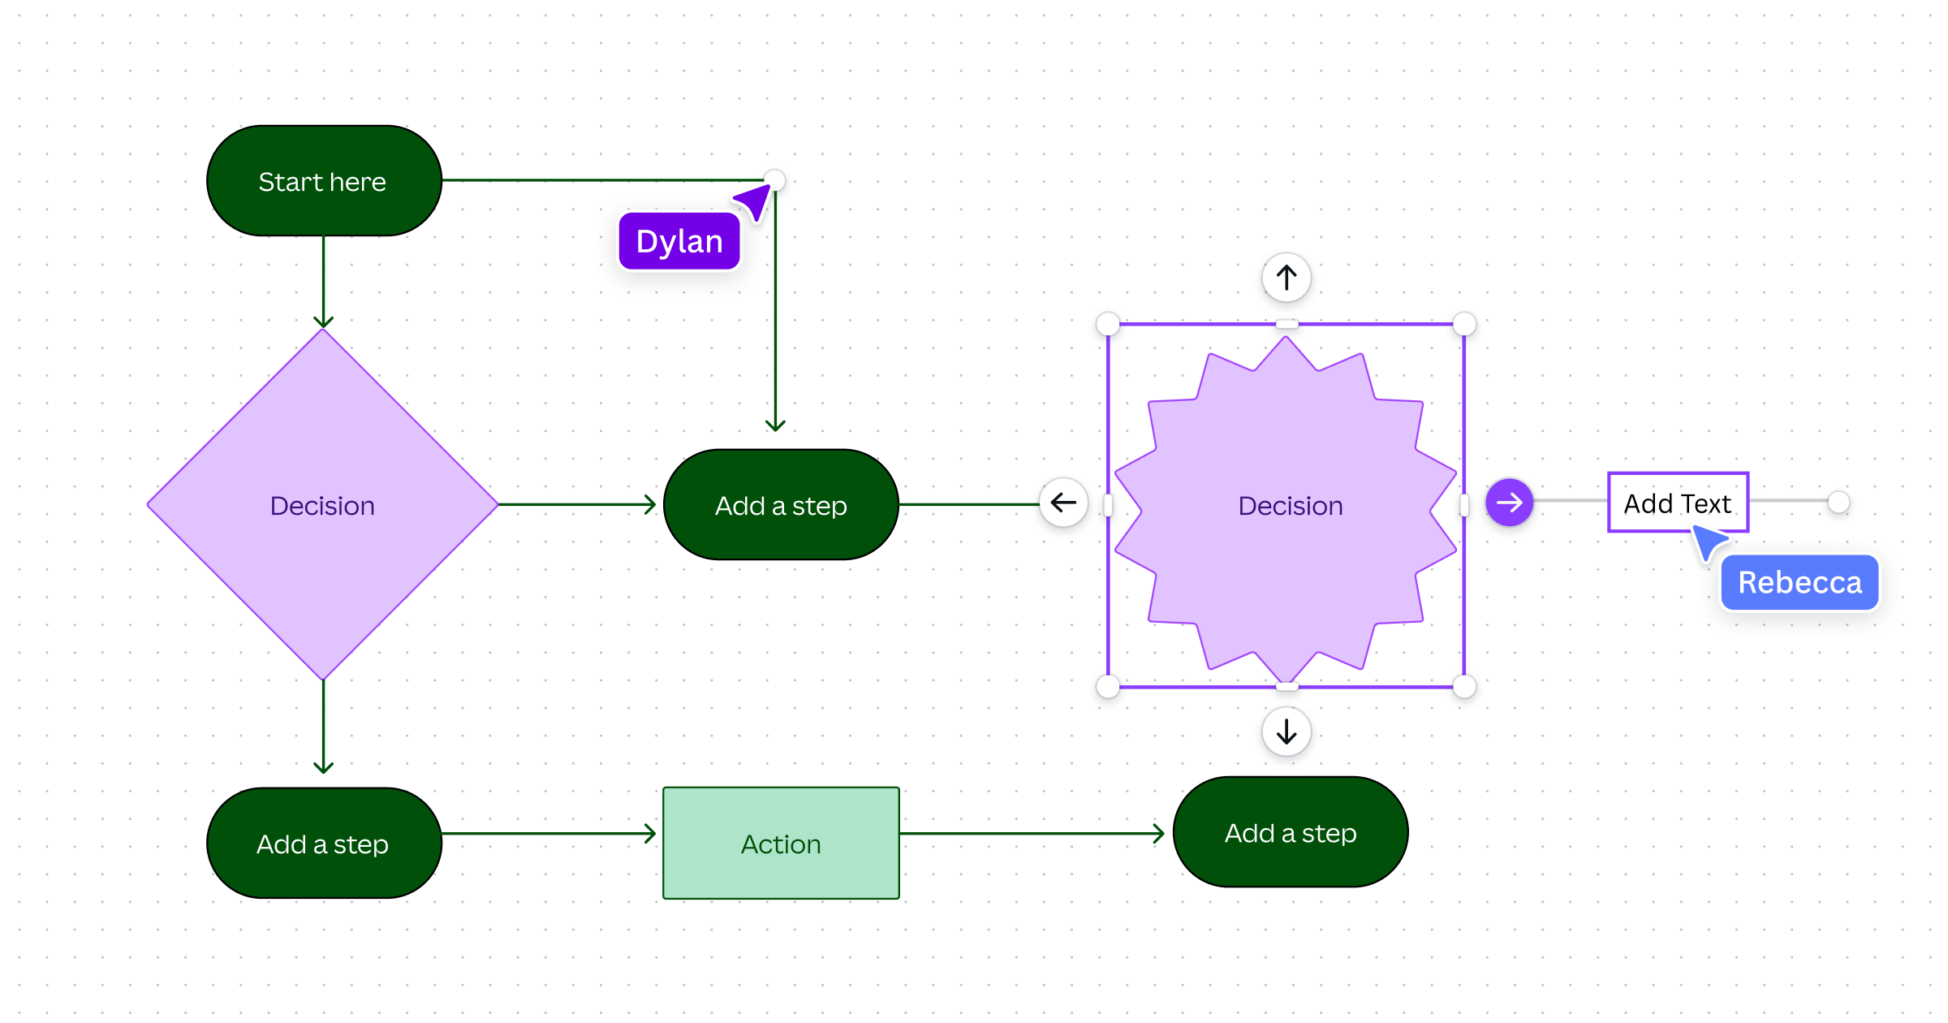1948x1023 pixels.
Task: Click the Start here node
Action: pos(324,181)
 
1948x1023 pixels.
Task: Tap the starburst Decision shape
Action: pos(1287,568)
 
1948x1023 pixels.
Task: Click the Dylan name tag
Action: pos(679,242)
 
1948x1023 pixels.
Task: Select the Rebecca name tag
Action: pos(1799,583)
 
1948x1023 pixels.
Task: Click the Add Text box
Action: pos(1677,503)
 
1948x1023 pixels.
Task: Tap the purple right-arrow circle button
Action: pos(1509,503)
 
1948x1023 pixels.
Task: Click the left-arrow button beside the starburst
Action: pos(1063,503)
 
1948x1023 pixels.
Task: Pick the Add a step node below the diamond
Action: pos(324,844)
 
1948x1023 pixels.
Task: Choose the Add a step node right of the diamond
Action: pos(781,505)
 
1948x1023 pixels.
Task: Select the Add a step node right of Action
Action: pos(1291,833)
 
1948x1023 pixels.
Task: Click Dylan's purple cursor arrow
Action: pos(755,201)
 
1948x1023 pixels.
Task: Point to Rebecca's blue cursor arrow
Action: pos(1708,542)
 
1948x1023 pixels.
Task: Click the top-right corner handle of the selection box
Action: pos(1464,324)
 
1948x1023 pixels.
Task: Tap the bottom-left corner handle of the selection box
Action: pos(1108,687)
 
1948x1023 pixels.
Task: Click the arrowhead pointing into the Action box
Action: pos(650,833)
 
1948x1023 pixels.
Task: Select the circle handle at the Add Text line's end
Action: pos(1838,503)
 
